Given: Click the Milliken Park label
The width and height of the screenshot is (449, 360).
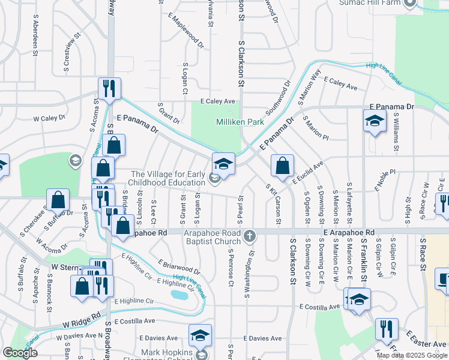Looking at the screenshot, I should (240, 122).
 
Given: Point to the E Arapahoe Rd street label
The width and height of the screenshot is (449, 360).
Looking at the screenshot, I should (348, 232).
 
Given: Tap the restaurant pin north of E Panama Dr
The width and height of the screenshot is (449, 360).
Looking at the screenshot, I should (109, 88).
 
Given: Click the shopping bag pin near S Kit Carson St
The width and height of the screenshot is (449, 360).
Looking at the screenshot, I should (282, 165).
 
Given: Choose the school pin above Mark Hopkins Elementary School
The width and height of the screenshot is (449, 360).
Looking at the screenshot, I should (200, 335).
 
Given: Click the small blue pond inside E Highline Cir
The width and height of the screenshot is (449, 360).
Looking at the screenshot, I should (178, 295).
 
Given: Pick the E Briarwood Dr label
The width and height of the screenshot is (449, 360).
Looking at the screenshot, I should (179, 267).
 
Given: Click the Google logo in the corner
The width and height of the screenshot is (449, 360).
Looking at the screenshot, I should (20, 353).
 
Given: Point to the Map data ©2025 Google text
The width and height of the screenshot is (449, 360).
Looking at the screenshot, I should (411, 355).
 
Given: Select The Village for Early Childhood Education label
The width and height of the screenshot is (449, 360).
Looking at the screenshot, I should (168, 178).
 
